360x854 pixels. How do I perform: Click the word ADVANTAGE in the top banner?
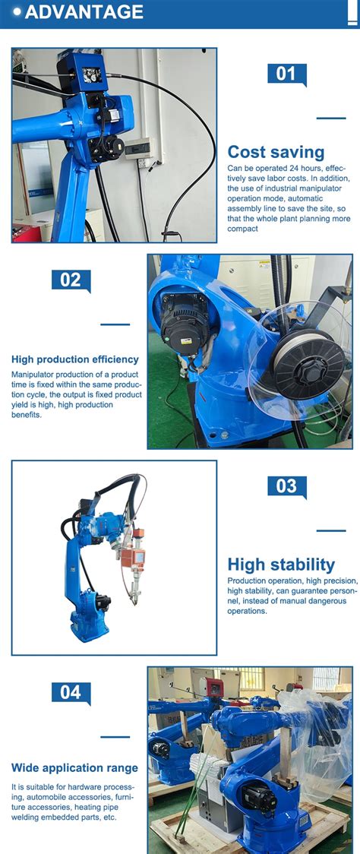click(x=84, y=11)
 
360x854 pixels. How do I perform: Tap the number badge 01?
click(x=287, y=74)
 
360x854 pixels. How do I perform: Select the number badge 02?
click(x=71, y=280)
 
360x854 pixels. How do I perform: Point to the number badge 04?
click(x=71, y=693)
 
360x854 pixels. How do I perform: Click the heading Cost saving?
click(x=276, y=152)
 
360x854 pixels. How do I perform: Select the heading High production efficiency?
click(x=75, y=359)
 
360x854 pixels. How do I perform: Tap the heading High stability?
click(x=281, y=565)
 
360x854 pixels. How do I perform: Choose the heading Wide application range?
click(x=74, y=768)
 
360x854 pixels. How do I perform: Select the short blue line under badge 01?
click(x=331, y=119)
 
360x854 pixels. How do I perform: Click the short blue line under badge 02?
click(x=115, y=324)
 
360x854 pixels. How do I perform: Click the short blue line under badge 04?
click(x=115, y=737)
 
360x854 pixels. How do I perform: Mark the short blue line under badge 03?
click(x=331, y=530)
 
